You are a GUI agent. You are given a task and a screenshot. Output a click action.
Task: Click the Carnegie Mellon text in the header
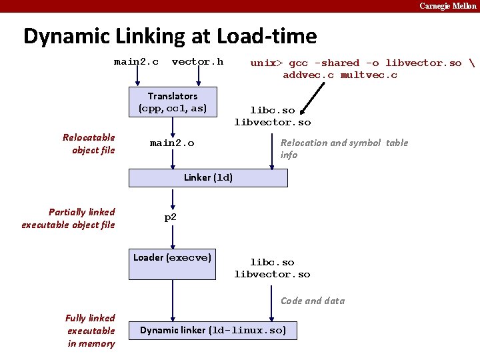[447, 6]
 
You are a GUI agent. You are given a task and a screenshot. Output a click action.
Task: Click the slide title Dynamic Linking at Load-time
[170, 36]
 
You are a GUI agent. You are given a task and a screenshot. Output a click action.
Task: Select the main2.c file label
[136, 62]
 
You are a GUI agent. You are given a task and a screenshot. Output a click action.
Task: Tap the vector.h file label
[197, 62]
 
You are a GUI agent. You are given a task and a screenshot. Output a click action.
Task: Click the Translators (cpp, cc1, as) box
[173, 102]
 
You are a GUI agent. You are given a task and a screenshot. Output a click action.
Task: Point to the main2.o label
[172, 143]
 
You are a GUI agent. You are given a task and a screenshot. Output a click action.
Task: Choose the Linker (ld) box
[208, 178]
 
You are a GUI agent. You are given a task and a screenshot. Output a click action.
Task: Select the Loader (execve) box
[173, 257]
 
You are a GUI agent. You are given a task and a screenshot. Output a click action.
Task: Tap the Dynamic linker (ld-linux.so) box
[213, 331]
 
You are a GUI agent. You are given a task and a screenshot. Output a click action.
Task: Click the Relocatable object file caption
[89, 143]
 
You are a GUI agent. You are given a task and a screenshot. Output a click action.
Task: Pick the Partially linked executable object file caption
[68, 218]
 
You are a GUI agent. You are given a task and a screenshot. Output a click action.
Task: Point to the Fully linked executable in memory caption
[90, 331]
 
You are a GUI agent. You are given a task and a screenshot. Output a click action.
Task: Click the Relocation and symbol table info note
[344, 149]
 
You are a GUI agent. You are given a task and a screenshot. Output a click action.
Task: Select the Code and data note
[313, 301]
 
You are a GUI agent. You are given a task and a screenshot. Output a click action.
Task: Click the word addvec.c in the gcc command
[309, 75]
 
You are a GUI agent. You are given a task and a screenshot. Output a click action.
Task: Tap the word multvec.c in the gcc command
[369, 75]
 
